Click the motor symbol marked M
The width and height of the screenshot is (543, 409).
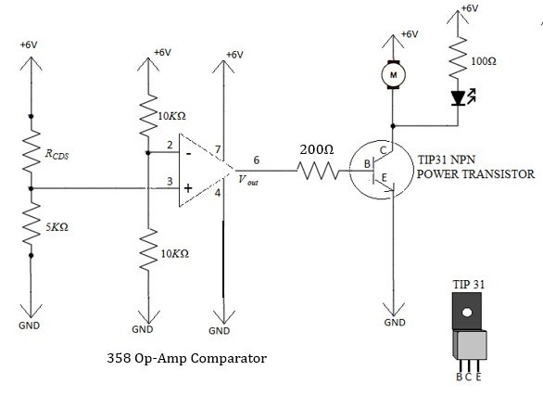point(393,73)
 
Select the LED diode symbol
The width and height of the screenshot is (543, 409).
point(457,97)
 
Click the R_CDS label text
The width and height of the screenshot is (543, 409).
point(56,155)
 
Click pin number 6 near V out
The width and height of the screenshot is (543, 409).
point(256,160)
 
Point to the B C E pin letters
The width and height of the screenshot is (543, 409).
point(468,377)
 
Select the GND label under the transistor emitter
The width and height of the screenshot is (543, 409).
point(394,322)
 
